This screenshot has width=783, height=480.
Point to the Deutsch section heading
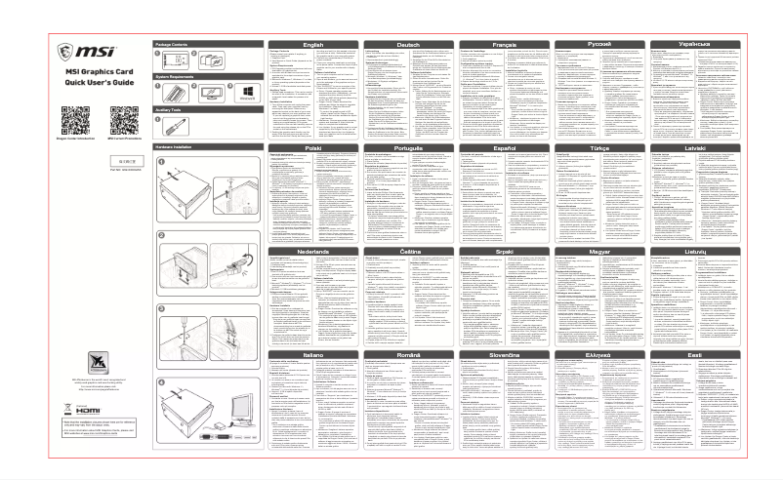[x=408, y=44]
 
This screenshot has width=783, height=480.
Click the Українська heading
[x=695, y=44]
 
